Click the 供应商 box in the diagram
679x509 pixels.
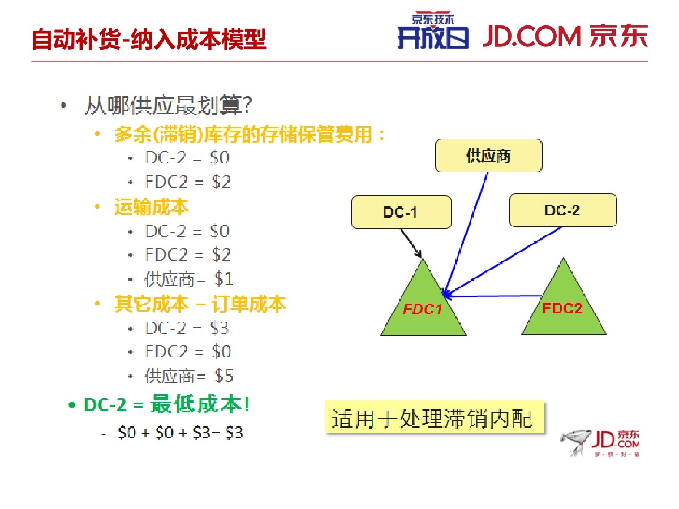coord(488,156)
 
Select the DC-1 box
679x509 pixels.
coord(401,212)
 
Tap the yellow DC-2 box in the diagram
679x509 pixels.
coord(562,210)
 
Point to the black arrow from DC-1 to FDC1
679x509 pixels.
coord(411,243)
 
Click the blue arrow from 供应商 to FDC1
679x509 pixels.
coord(466,234)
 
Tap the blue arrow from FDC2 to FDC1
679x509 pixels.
coord(493,296)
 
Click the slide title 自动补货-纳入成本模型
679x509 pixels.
coord(149,39)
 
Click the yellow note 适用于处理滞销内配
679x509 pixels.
coord(435,418)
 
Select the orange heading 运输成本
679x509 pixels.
coord(151,207)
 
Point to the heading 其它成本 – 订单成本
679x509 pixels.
coord(200,304)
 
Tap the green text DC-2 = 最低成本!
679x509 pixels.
coord(167,404)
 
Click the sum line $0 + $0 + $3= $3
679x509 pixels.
coord(180,432)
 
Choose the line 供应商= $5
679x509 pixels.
coord(188,376)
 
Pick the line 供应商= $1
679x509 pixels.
coord(188,279)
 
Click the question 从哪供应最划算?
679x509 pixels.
coord(169,105)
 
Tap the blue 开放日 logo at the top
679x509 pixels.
coord(433,31)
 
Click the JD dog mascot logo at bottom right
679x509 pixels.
coord(599,443)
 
